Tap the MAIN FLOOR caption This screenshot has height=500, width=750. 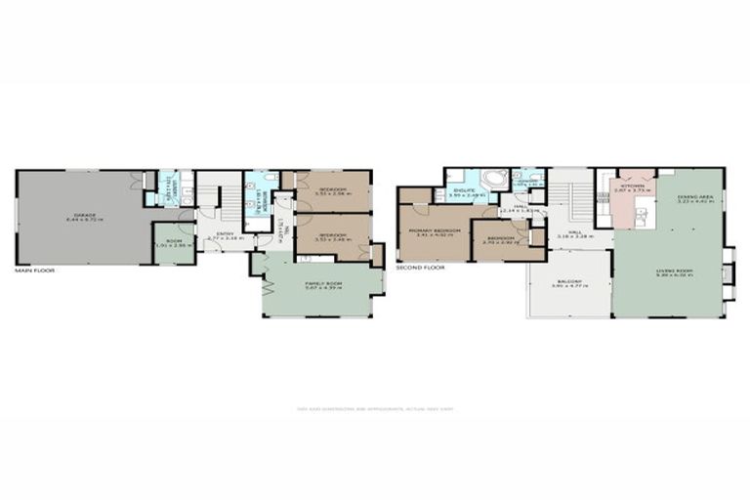(34, 270)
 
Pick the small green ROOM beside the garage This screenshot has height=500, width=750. (174, 243)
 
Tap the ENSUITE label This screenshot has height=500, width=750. (464, 191)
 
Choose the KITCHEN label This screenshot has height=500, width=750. (630, 188)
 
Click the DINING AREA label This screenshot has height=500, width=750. (695, 199)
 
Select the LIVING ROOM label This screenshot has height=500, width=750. (668, 274)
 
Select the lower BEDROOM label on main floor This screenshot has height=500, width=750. (333, 236)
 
